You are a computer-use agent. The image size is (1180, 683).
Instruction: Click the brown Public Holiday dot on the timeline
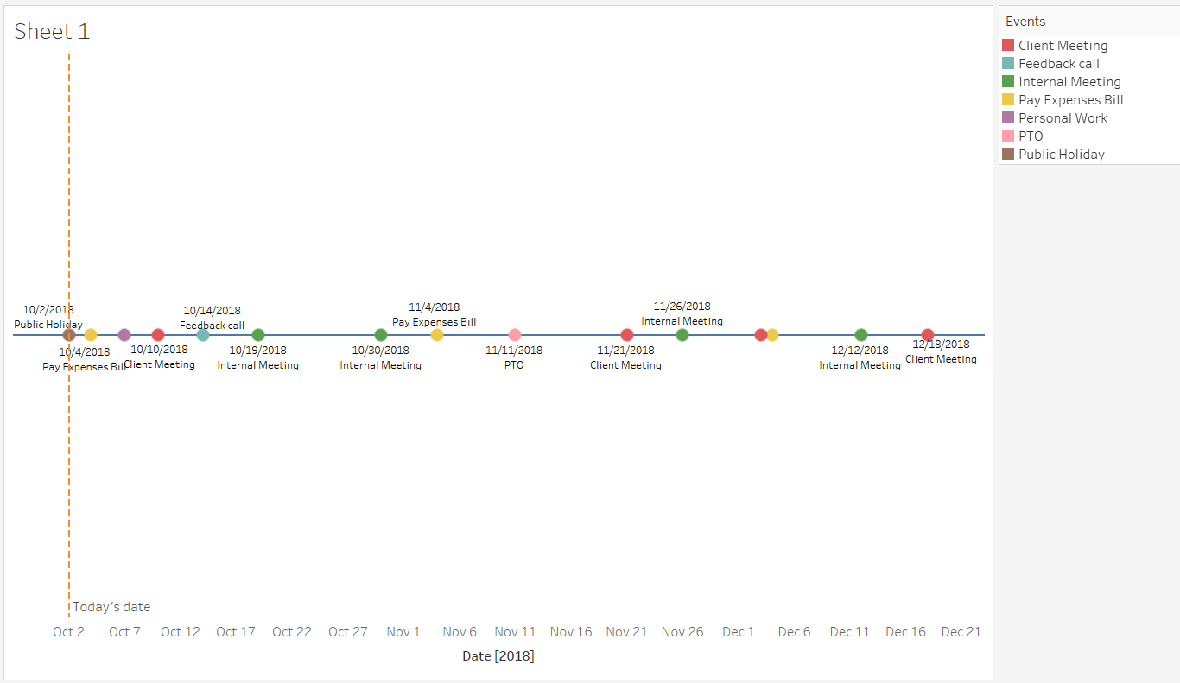69,335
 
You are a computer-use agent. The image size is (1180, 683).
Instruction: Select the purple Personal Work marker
124,335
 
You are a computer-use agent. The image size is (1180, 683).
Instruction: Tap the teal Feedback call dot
203,335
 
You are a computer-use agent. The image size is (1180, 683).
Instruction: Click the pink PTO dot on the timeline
515,335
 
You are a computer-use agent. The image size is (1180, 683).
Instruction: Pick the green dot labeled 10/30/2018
381,335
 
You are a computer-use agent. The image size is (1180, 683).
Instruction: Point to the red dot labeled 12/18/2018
928,335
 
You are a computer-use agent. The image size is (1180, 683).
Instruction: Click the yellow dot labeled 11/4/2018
437,335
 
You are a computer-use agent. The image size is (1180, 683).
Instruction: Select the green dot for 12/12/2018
861,335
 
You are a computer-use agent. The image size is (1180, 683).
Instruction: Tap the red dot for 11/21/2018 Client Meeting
627,335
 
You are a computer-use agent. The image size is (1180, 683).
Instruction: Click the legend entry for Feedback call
1058,64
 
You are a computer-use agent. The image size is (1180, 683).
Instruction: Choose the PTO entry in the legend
1031,136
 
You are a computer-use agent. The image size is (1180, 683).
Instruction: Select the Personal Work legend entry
1063,118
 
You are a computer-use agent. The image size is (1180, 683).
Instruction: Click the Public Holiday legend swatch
1008,155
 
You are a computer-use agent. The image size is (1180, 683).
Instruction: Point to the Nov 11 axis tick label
516,632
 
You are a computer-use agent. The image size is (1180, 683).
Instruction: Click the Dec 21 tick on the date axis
961,632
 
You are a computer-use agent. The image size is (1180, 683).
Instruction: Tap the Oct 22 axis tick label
292,632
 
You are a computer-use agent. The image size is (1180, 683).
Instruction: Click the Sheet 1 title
52,32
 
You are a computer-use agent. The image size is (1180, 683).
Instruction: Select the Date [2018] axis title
498,656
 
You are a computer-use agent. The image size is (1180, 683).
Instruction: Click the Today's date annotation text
111,607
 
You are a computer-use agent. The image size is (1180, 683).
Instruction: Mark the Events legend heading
1025,22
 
